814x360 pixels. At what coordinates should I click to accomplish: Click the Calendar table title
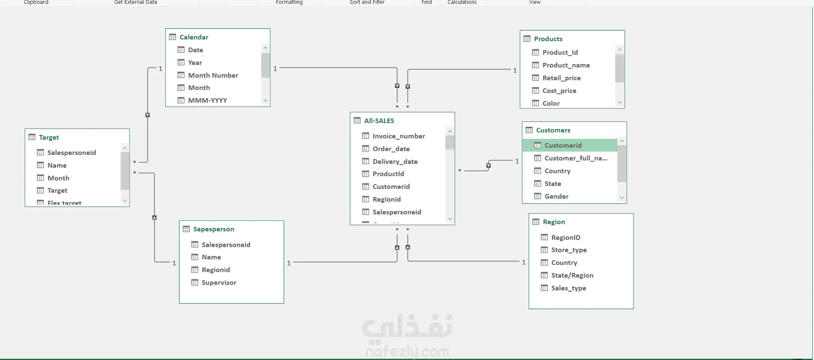(x=194, y=37)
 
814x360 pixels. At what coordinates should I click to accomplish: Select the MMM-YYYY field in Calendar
(x=207, y=101)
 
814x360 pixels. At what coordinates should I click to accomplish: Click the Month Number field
(x=213, y=75)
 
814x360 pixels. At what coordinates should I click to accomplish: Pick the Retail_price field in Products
(x=561, y=78)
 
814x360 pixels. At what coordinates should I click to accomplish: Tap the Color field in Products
(x=551, y=104)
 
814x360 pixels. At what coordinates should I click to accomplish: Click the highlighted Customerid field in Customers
(x=563, y=146)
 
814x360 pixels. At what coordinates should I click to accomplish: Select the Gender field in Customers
(x=556, y=197)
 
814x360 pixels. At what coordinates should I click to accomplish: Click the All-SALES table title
(x=379, y=121)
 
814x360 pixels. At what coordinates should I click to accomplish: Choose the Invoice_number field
(x=398, y=136)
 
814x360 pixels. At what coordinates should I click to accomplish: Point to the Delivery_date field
(x=395, y=162)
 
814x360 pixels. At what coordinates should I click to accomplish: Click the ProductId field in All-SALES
(x=388, y=174)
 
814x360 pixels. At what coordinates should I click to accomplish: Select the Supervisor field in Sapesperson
(x=219, y=283)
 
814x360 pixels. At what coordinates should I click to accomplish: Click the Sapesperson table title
(x=213, y=229)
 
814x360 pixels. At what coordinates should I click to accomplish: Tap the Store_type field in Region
(x=569, y=250)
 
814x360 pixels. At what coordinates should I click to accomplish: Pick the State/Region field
(x=572, y=276)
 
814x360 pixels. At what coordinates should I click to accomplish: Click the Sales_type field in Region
(x=568, y=288)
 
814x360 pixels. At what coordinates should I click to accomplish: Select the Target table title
(x=49, y=138)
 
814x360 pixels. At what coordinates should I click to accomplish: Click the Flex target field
(x=64, y=203)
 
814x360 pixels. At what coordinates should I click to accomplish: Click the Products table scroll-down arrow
(x=620, y=102)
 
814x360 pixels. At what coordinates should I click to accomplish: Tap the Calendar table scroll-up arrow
(x=265, y=48)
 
